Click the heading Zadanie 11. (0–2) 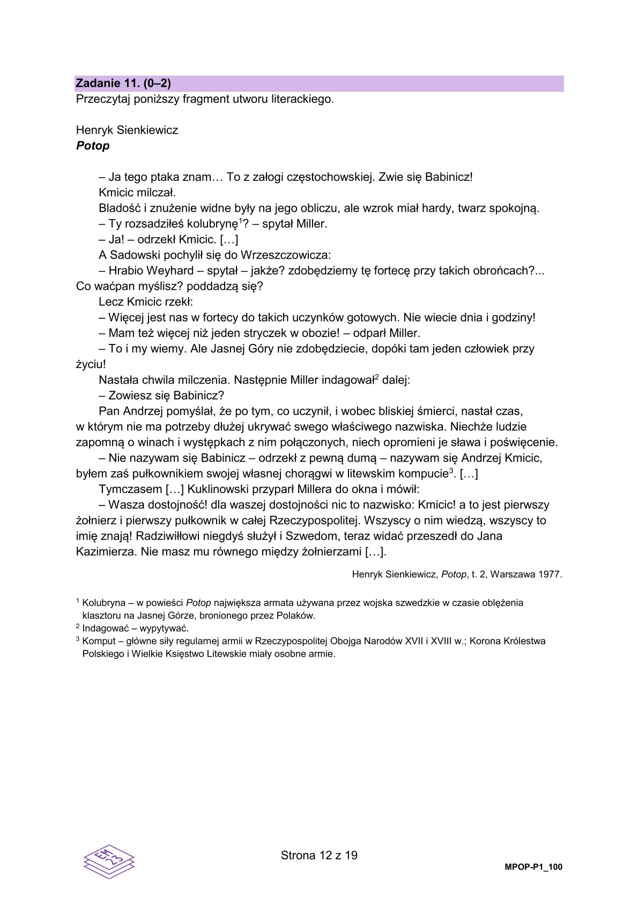tap(123, 83)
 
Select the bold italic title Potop tap(93, 146)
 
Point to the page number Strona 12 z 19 tap(319, 855)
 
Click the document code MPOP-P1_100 tap(533, 867)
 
